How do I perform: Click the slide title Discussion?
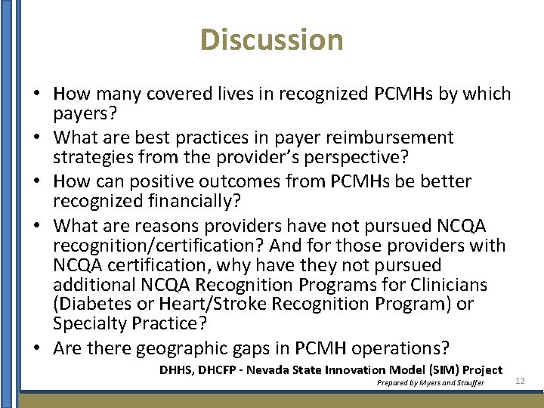coord(272,39)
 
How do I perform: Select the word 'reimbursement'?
coord(397,138)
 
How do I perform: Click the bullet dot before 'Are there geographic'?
coord(38,348)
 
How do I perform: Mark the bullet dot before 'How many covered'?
coord(38,94)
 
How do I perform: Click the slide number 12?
coord(520,382)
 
